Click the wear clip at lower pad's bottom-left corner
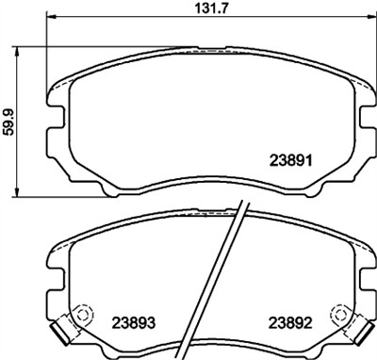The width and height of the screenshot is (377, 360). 61,331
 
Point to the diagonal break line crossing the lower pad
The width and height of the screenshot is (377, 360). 229,283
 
